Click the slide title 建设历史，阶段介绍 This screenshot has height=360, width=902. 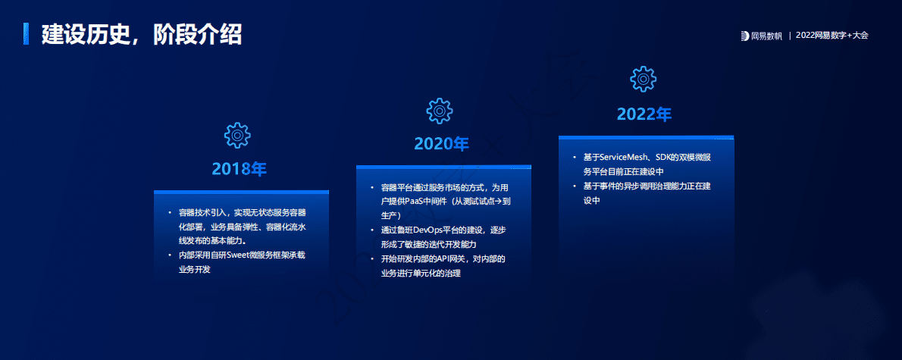click(142, 34)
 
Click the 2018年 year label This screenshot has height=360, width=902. click(240, 169)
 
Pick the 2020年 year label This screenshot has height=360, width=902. click(442, 144)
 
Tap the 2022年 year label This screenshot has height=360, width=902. click(644, 114)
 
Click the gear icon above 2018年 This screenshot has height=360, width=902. click(237, 135)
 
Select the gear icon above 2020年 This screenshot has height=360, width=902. click(440, 111)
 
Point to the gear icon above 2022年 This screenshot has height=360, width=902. click(643, 79)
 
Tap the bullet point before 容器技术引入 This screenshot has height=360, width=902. click(170, 213)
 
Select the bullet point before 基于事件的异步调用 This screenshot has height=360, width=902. click(575, 186)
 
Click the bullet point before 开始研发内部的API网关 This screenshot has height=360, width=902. click(372, 259)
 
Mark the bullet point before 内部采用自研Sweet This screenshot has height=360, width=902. click(170, 256)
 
